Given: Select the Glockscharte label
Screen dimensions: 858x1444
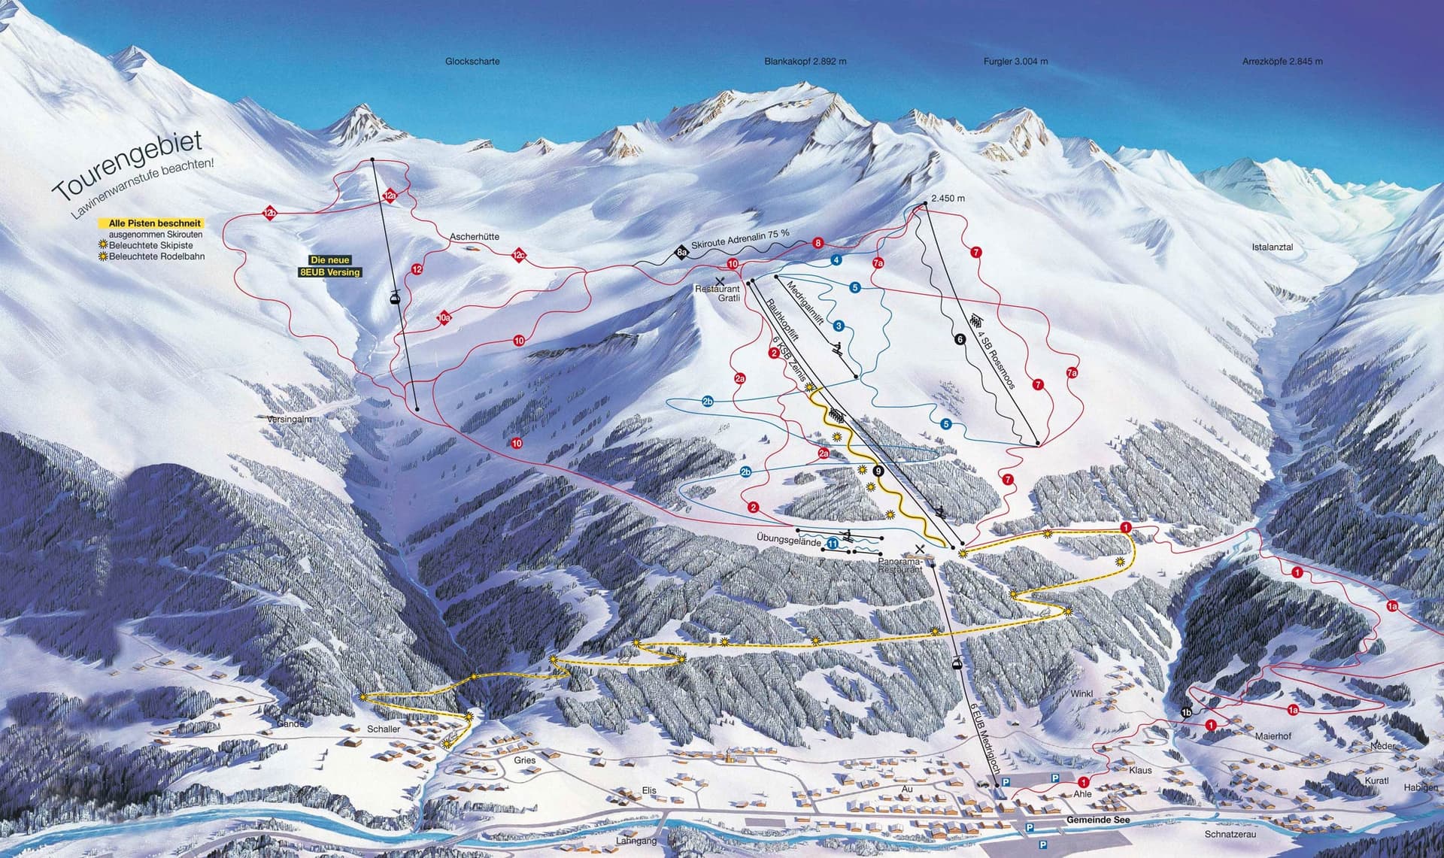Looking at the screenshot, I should (472, 62).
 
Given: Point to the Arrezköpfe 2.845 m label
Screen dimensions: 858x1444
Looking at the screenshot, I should (1282, 62).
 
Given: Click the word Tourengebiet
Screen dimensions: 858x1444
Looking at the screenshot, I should (128, 167).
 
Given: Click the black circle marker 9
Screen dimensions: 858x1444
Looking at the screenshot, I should (878, 471).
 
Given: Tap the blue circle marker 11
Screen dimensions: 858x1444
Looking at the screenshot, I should (833, 543).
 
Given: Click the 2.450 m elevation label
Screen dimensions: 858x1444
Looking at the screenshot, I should (948, 199).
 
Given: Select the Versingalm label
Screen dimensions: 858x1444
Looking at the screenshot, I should (289, 419).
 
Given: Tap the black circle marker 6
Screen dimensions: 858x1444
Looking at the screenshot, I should (959, 339).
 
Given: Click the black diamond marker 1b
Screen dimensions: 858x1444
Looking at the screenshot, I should (1187, 711).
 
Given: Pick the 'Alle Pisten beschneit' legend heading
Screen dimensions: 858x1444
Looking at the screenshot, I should (151, 223).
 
